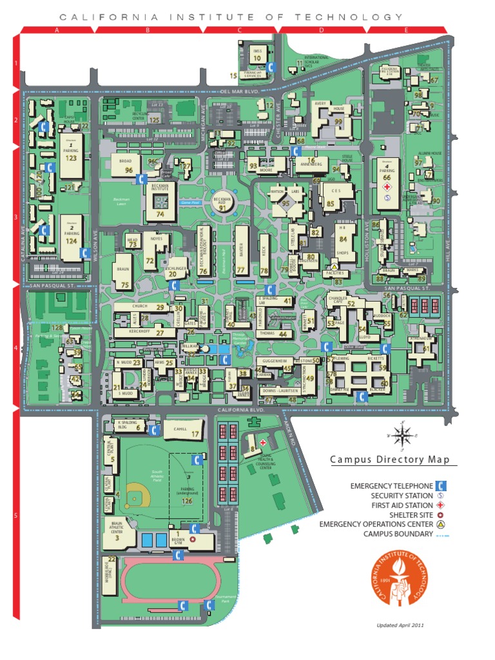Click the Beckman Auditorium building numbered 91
(223, 203)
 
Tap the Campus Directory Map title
(394, 460)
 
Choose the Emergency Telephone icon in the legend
(443, 485)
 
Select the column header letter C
(239, 30)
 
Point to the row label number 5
(16, 516)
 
